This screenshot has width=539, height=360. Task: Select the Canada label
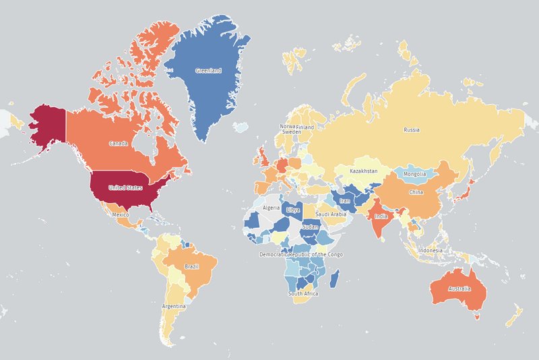coord(119,144)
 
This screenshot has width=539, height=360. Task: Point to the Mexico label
coord(120,215)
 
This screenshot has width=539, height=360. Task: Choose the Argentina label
coord(173,306)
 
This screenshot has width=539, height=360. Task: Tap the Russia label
coord(411,129)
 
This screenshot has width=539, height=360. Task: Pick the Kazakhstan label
coord(364,171)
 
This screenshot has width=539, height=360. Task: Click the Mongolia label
coord(414,174)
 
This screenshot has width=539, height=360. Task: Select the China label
coord(416,192)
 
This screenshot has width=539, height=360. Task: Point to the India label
coord(381,216)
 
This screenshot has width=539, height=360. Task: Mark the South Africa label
coord(303,294)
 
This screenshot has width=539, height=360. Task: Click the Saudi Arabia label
coord(331,214)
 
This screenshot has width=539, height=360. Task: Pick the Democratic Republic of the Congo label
coord(301,254)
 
